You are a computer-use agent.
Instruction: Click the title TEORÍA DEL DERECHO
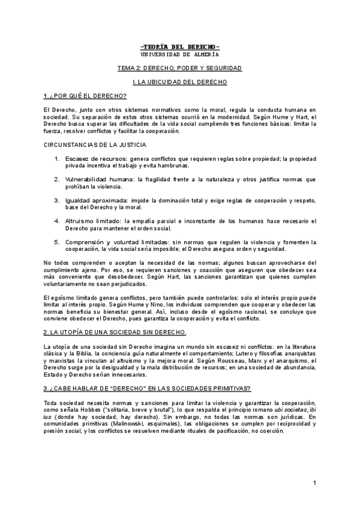tap(179, 47)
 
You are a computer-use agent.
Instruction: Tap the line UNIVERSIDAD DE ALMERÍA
tap(179, 54)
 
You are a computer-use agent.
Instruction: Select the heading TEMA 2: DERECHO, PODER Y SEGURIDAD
tap(179, 68)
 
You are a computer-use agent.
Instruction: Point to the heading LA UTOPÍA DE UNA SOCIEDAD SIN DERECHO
tap(115, 333)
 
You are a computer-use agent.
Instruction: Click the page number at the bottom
tap(314, 483)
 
